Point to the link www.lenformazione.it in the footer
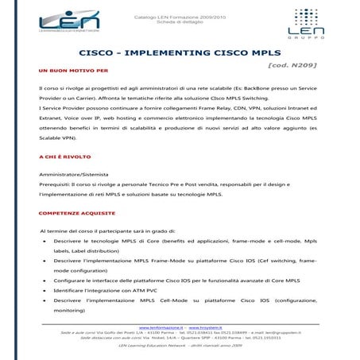pyautogui.click(x=163, y=327)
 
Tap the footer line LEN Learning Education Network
pyautogui.click(x=180, y=346)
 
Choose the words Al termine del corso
pyautogui.click(x=68, y=229)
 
